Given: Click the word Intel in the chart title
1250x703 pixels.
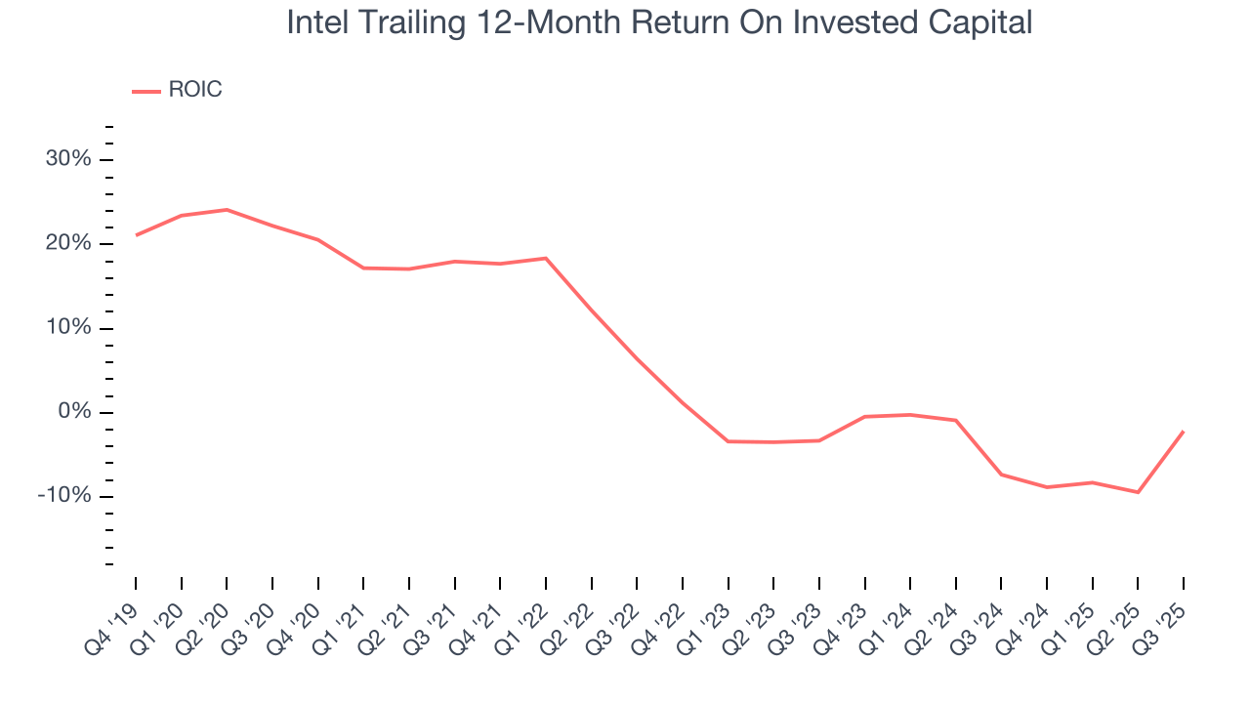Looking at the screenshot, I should pos(312,22).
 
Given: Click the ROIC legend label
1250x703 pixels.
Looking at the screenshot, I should pos(195,90).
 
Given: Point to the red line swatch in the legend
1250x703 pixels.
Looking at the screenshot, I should pos(146,91).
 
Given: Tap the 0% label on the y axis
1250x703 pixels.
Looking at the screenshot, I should pos(74,412).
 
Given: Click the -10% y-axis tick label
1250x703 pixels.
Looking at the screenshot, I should pos(64,496).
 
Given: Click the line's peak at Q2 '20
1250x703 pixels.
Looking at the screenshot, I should pos(227,209).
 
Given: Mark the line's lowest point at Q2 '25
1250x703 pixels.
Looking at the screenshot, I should pos(1138,492).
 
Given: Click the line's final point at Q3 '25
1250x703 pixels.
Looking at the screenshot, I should pos(1184,431).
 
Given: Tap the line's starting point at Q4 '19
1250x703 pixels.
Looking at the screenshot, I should pos(136,235).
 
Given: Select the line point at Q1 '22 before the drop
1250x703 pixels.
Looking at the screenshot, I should pos(546,258).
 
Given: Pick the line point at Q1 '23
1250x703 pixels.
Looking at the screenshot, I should pos(728,441).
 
